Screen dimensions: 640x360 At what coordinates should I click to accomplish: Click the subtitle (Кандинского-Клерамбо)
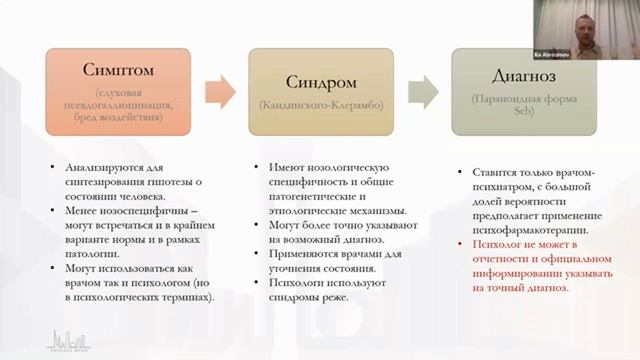pos(318,104)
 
